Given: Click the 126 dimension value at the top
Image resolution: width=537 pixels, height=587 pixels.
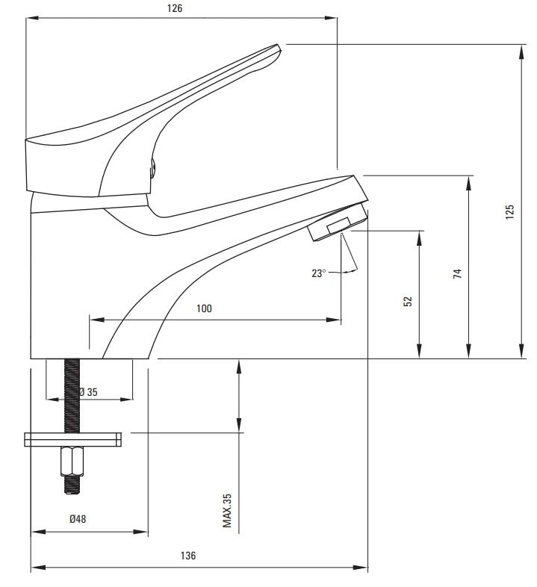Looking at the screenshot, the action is [x=175, y=8].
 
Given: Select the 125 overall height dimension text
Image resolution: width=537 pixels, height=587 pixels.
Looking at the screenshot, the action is [x=509, y=212].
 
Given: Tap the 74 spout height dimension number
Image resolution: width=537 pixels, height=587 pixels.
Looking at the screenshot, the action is [x=457, y=273].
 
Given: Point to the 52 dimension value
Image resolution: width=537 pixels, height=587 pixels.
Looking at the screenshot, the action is [x=408, y=302].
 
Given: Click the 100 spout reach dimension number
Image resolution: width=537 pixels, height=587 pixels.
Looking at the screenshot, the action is [x=204, y=308].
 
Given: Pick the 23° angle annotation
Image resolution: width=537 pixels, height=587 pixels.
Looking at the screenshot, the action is [x=318, y=273].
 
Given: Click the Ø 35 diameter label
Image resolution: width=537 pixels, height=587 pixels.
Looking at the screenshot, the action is [x=88, y=392].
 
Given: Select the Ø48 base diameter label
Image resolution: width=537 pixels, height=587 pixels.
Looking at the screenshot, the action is [x=78, y=519].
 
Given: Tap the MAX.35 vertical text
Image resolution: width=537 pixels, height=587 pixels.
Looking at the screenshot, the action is [x=227, y=511].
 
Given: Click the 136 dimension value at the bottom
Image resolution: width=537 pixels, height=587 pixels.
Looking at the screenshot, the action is [x=188, y=556].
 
